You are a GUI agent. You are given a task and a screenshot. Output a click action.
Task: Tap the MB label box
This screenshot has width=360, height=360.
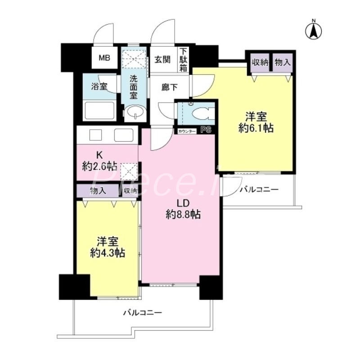coord(104,58)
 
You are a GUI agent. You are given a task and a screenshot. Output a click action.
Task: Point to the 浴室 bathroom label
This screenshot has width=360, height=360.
coord(99,86)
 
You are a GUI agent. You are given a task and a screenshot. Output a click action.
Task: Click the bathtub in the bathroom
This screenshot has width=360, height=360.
coord(99,110)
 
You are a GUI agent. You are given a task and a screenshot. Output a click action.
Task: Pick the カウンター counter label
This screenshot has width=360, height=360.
coord(187,131)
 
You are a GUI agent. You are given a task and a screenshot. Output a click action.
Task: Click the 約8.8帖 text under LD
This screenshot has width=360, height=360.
coord(182,215)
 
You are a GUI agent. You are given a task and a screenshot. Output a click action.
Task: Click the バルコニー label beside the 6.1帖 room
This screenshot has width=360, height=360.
coord(259,189)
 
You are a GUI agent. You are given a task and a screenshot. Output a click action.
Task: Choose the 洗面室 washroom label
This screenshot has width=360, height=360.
coord(134,86)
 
